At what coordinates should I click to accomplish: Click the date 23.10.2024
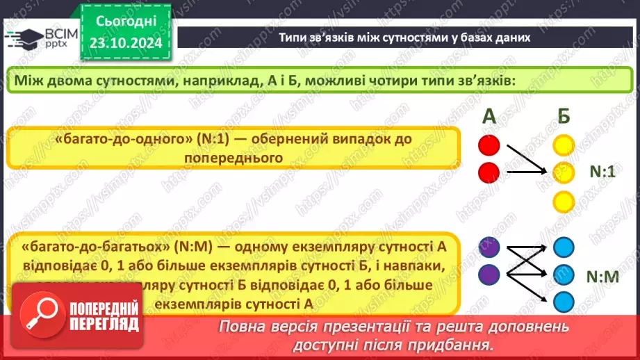[x=126, y=43]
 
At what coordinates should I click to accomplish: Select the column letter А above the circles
[x=489, y=117]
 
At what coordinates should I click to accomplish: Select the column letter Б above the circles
[x=564, y=117]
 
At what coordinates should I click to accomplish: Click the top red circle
[x=489, y=145]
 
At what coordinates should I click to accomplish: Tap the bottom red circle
[x=489, y=171]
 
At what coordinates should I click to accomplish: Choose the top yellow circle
[x=564, y=145]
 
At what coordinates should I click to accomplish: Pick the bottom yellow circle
[x=564, y=202]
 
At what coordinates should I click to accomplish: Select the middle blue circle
[x=564, y=275]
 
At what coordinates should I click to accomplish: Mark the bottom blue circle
[x=564, y=302]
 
